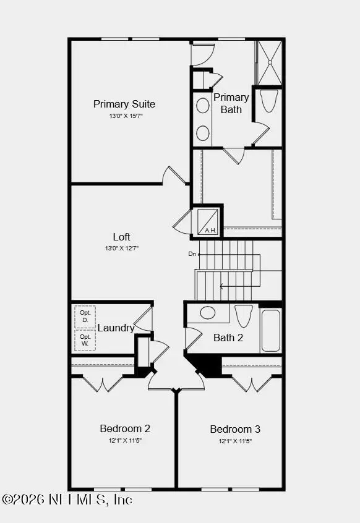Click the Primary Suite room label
pyautogui.click(x=124, y=104)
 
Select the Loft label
pyautogui.click(x=122, y=237)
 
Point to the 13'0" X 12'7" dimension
pyautogui.click(x=122, y=249)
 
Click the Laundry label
pyautogui.click(x=116, y=328)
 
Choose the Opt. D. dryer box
pyautogui.click(x=85, y=317)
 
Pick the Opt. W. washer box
pyautogui.click(x=85, y=340)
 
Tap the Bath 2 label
pyautogui.click(x=228, y=338)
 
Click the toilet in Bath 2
pyautogui.click(x=244, y=315)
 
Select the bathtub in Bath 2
pyautogui.click(x=271, y=331)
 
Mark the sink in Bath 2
pyautogui.click(x=208, y=313)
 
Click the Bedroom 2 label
pyautogui.click(x=125, y=428)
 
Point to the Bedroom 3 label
pyautogui.click(x=235, y=429)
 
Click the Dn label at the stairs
pyautogui.click(x=192, y=254)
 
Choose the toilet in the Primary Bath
pyautogui.click(x=268, y=101)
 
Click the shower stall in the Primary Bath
pyautogui.click(x=270, y=62)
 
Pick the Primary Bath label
pyautogui.click(x=231, y=103)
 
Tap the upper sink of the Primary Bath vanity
pyautogui.click(x=203, y=105)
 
